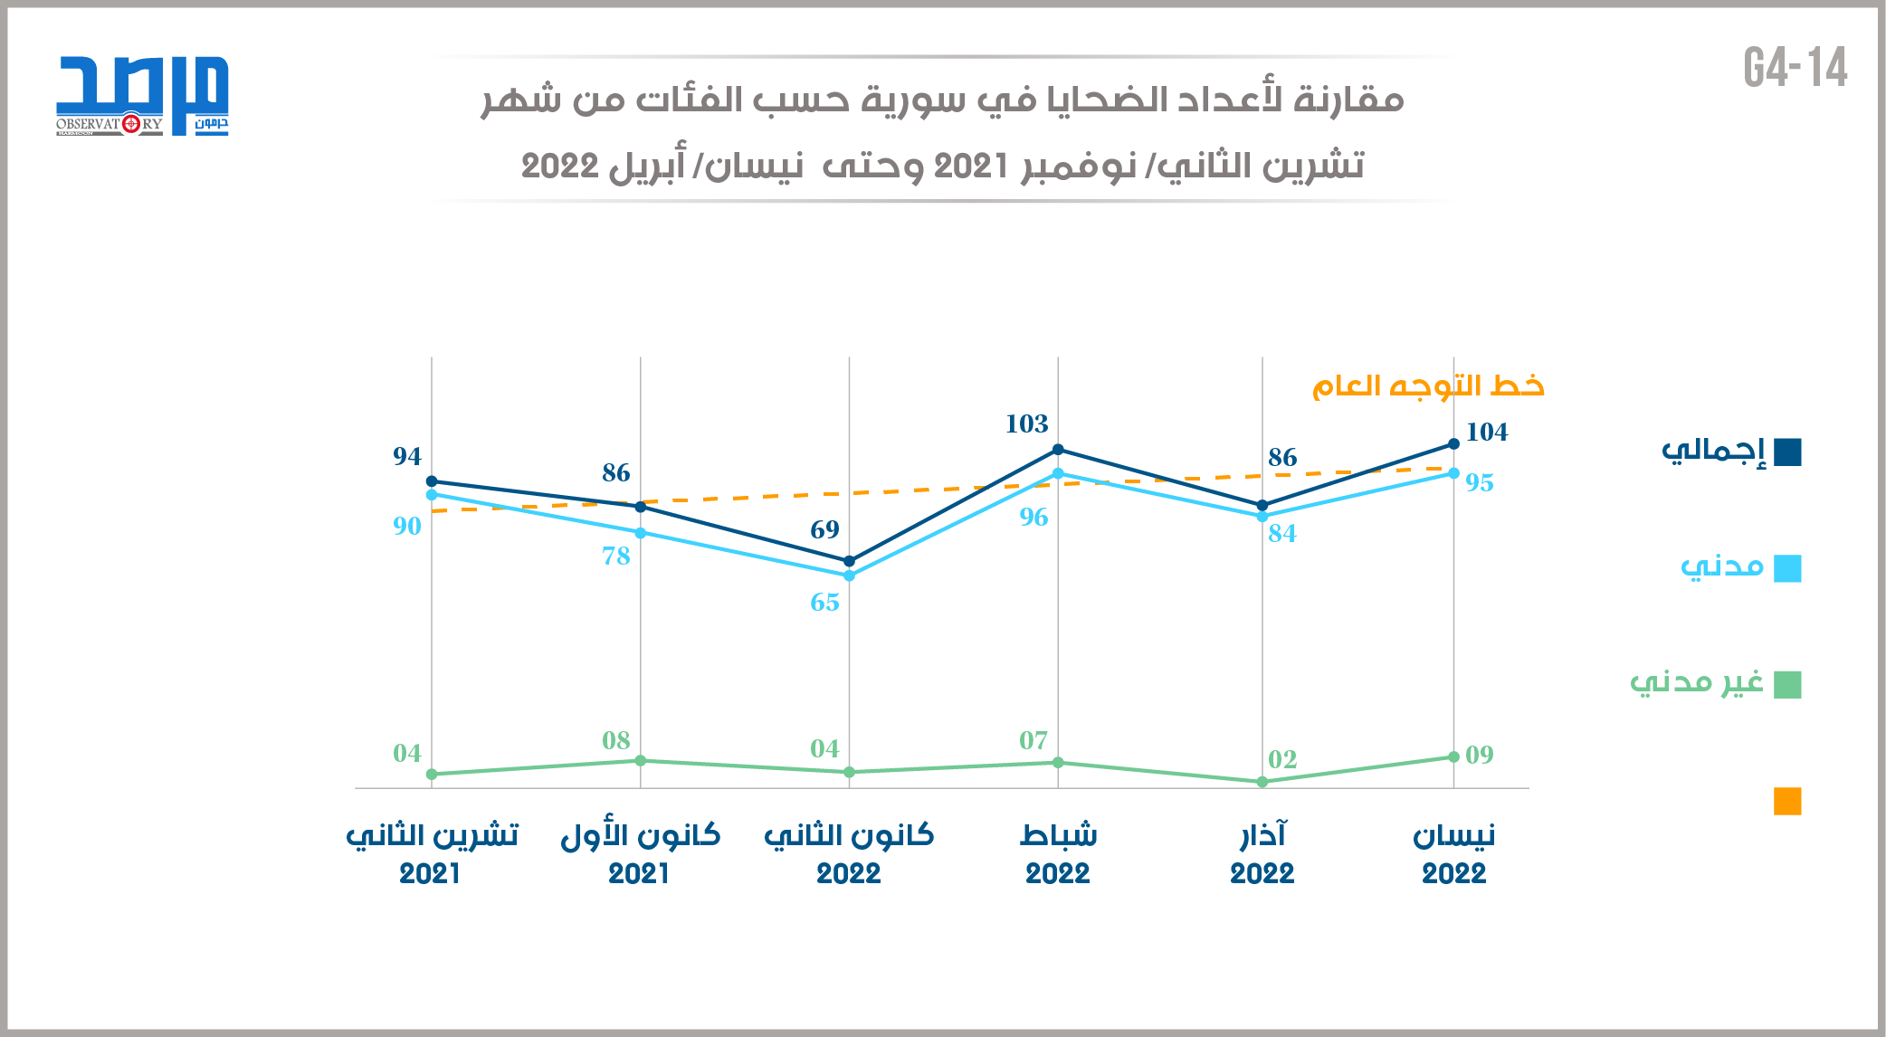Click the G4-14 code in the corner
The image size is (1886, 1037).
coord(1796,69)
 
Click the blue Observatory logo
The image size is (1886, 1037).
coord(142,95)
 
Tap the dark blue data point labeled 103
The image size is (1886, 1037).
coord(1058,450)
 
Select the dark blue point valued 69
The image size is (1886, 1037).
coord(849,561)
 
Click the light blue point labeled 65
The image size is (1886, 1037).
coord(849,576)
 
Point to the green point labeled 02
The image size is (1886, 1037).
coord(1262,782)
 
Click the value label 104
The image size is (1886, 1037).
coord(1487,433)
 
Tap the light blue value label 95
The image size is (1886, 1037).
coord(1480,483)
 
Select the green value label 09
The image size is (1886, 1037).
coord(1480,755)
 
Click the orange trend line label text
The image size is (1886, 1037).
coord(1428,386)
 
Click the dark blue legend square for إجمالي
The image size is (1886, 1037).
coord(1787,452)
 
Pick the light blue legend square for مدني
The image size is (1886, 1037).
coord(1787,568)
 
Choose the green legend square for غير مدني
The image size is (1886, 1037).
coord(1787,685)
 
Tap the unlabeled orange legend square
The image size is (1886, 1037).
coord(1787,801)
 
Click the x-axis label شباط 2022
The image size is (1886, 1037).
coord(1058,853)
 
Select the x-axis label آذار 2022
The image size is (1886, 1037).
coord(1262,853)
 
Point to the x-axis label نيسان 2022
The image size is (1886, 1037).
coord(1453,853)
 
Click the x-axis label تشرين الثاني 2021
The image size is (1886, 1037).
coord(432,853)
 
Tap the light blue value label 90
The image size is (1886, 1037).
coord(407,526)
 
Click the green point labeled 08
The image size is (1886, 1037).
coord(641,760)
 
